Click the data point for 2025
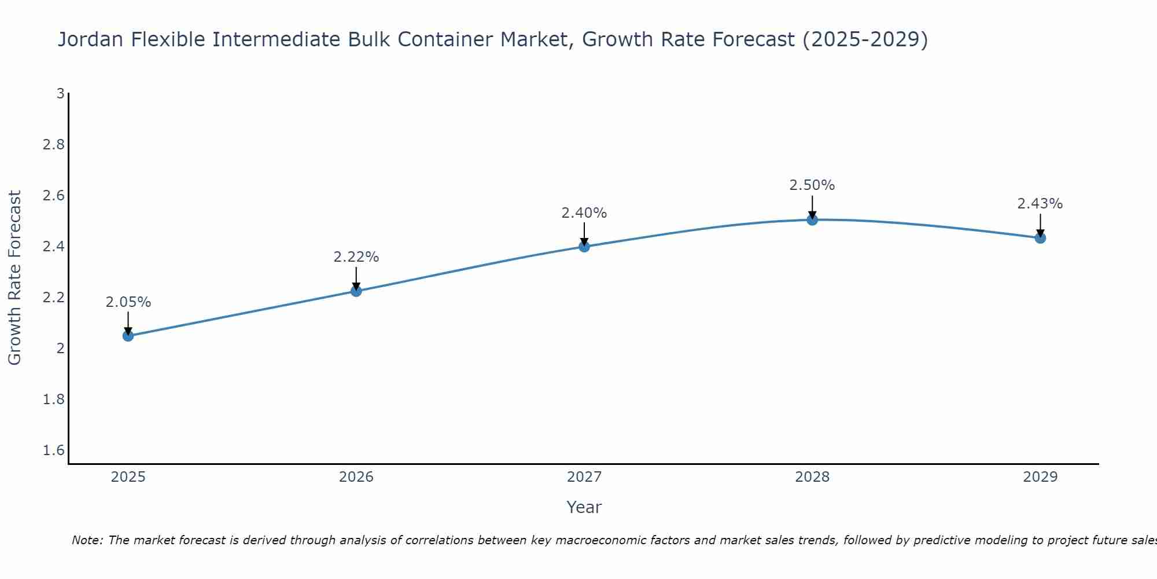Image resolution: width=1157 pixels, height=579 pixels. click(128, 336)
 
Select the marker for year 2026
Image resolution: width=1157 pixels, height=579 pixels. click(356, 291)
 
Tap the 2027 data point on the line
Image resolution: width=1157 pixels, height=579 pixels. click(584, 247)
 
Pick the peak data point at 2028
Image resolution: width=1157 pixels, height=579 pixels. click(812, 219)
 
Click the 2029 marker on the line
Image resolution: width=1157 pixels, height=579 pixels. click(1040, 238)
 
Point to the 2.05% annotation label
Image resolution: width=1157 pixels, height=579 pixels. click(128, 302)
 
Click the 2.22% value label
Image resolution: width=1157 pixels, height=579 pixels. click(356, 257)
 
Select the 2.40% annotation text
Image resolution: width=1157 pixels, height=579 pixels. click(584, 213)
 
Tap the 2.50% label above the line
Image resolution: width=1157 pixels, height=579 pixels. click(812, 185)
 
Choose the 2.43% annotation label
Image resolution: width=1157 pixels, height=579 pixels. click(1040, 204)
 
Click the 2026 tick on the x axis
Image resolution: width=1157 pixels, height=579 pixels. click(356, 477)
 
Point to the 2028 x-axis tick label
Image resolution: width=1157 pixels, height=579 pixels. click(812, 477)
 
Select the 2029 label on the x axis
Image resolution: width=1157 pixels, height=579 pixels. click(1040, 477)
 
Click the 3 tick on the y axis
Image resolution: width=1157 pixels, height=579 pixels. click(60, 93)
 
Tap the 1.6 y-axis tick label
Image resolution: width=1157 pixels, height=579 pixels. click(54, 450)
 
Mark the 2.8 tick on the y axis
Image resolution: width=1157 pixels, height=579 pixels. click(54, 144)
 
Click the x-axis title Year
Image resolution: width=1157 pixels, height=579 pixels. click(584, 507)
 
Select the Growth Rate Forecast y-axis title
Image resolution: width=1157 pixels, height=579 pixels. click(15, 278)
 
